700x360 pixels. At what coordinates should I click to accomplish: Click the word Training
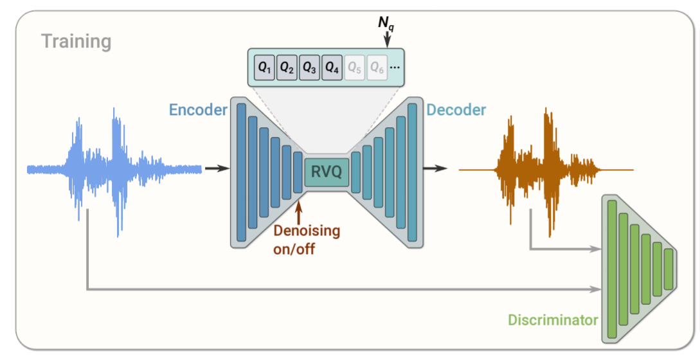(76, 42)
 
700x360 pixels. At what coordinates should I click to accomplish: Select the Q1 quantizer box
(264, 67)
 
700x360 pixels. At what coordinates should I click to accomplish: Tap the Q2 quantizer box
(287, 67)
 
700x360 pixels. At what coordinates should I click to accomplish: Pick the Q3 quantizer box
(309, 67)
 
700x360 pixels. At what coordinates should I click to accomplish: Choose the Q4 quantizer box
(332, 67)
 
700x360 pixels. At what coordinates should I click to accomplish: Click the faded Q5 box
(354, 67)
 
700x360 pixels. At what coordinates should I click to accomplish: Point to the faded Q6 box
(377, 67)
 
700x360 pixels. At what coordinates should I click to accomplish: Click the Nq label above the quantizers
(386, 23)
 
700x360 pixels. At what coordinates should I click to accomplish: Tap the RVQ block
(327, 172)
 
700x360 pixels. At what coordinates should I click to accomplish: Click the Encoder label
(198, 109)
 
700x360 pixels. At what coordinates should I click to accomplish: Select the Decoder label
(456, 109)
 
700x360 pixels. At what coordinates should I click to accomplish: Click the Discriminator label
(553, 319)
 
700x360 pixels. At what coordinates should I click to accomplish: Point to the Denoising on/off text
(307, 240)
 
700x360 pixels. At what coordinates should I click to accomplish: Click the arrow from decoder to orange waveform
(435, 168)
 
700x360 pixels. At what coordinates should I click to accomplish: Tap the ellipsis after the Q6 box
(395, 68)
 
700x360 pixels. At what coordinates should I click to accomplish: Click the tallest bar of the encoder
(242, 172)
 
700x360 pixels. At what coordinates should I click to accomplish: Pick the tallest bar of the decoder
(412, 172)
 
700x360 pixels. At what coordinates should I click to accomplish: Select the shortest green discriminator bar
(669, 269)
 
